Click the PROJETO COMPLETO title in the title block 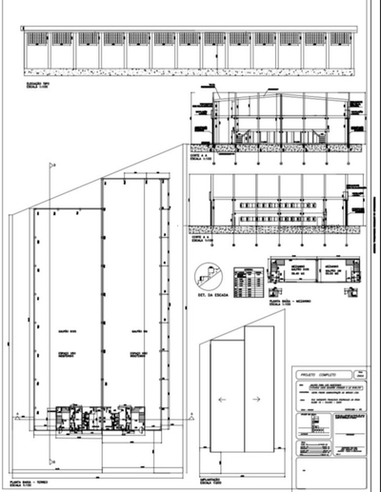317,374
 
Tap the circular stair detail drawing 207,278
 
